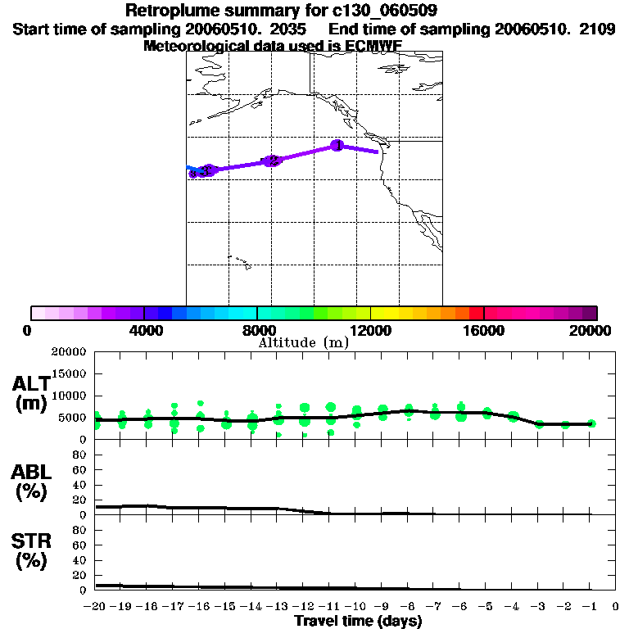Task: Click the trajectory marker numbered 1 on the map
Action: [337, 145]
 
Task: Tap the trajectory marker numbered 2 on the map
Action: [272, 161]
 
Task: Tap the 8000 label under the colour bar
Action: [257, 331]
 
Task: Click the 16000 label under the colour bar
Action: [485, 331]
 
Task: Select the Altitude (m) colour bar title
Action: [303, 343]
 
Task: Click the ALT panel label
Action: [31, 384]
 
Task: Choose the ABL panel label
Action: [31, 472]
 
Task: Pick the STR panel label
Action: [31, 541]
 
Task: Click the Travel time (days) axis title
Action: [358, 621]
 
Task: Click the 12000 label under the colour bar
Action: [371, 331]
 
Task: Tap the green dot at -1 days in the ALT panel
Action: [591, 423]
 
